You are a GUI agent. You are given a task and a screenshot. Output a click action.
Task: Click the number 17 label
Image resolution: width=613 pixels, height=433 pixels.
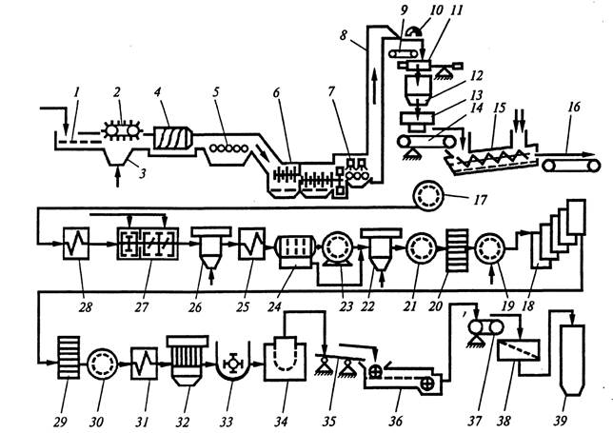click(480, 200)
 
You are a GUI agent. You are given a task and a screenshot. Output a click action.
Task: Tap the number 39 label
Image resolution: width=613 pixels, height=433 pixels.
click(561, 421)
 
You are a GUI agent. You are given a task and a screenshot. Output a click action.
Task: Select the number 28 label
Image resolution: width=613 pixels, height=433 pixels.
click(85, 307)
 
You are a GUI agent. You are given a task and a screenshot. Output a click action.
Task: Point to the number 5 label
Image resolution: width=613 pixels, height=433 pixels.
click(215, 92)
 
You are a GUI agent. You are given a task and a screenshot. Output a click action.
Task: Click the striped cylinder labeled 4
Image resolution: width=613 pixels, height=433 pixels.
click(173, 138)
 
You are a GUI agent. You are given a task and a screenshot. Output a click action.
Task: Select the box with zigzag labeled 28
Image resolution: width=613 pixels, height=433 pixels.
click(76, 244)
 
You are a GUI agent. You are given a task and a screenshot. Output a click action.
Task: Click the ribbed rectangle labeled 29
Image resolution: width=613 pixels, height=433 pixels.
click(69, 357)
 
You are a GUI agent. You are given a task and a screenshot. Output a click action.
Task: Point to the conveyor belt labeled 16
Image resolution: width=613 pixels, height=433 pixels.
click(571, 166)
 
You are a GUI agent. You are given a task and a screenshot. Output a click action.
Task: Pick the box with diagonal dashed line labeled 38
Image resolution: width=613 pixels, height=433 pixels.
click(519, 350)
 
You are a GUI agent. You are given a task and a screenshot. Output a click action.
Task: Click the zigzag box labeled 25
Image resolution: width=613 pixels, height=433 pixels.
click(252, 244)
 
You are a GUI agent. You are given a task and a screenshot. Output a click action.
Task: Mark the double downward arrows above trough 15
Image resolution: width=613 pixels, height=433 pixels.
click(519, 121)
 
